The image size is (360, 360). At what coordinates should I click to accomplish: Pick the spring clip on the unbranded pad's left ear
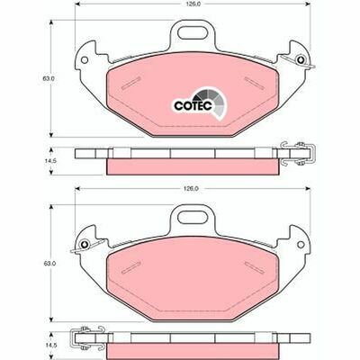pyautogui.click(x=85, y=243)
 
